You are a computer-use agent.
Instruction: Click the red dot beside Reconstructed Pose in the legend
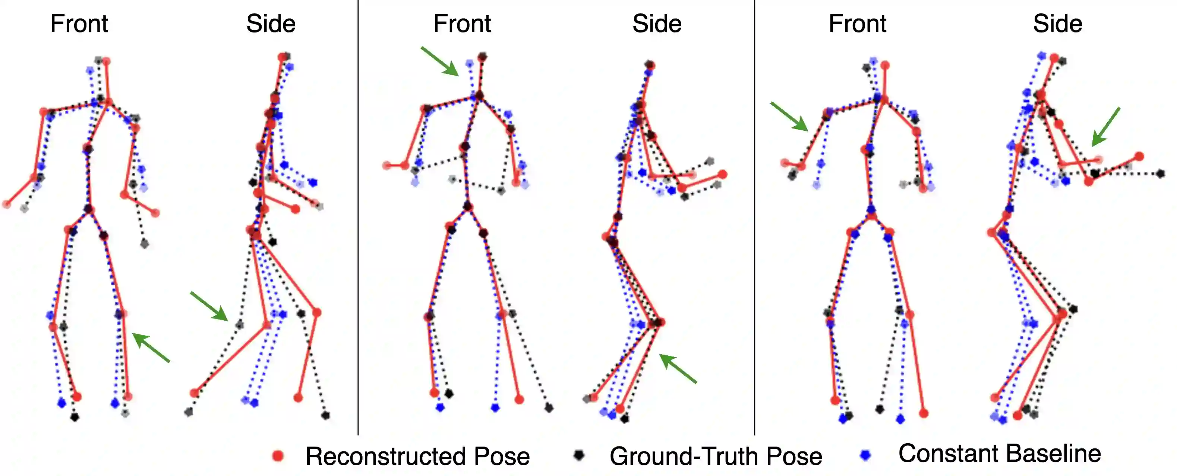coord(278,456)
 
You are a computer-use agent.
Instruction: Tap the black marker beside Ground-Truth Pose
coord(579,455)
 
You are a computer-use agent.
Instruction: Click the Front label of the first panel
coord(79,24)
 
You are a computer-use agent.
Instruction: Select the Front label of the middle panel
coord(462,24)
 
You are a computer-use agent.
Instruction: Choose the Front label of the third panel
coord(858,24)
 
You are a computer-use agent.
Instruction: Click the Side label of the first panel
coord(271,24)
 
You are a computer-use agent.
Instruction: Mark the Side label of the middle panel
coord(657,24)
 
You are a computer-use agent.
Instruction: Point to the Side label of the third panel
coord(1058,24)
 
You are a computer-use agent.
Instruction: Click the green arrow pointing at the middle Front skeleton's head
coord(439,61)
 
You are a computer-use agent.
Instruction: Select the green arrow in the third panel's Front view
coord(789,117)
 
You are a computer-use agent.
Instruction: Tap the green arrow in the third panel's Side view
coord(1106,127)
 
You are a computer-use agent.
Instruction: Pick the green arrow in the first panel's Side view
coord(209,306)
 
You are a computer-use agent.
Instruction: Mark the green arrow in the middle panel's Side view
coord(678,368)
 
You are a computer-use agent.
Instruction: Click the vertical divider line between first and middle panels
coord(358,228)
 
